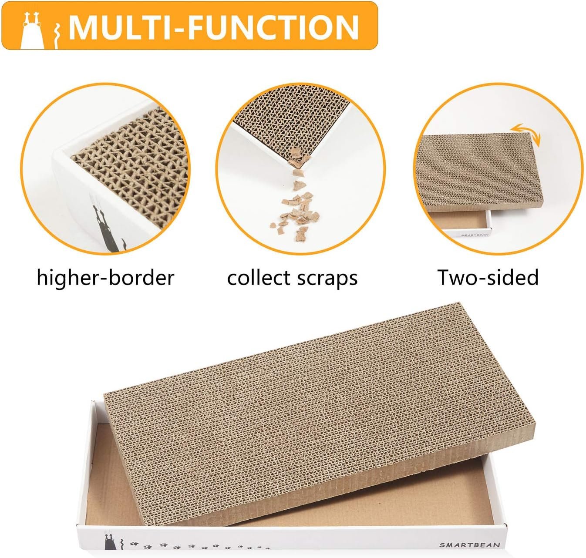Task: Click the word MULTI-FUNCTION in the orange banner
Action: pos(213,27)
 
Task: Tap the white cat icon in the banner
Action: pos(32,31)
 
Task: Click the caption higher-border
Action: pos(105,278)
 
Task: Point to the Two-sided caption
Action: pos(488,277)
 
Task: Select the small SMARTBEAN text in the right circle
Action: pos(475,235)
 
